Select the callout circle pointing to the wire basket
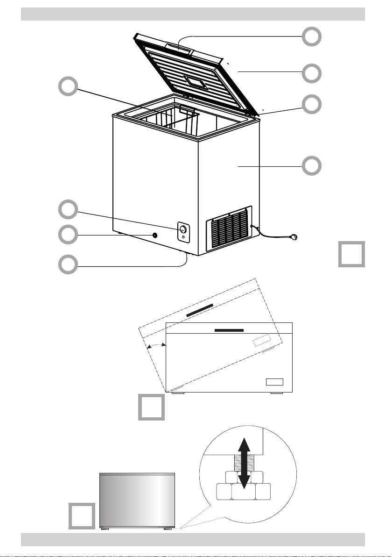(x=68, y=87)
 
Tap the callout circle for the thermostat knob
(x=68, y=210)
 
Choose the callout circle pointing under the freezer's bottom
(x=68, y=264)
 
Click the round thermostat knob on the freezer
(x=183, y=229)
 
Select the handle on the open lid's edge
(x=178, y=48)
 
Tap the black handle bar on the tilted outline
(x=199, y=310)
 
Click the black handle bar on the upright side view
(x=229, y=330)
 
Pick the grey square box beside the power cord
(x=351, y=254)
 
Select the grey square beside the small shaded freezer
(x=83, y=516)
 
